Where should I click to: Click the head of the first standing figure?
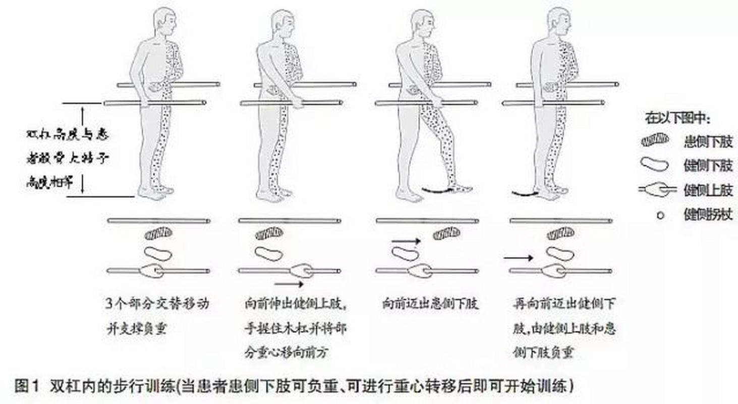pyautogui.click(x=165, y=23)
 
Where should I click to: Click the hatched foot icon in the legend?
pyautogui.click(x=655, y=141)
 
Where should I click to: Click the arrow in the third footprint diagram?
pyautogui.click(x=406, y=241)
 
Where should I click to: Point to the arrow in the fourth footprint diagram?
pyautogui.click(x=518, y=258)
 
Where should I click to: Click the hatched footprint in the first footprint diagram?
pyautogui.click(x=158, y=233)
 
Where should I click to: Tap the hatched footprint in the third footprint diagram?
pyautogui.click(x=446, y=233)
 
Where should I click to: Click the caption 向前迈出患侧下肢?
pyautogui.click(x=430, y=304)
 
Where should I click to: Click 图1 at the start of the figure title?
pyautogui.click(x=27, y=387)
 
